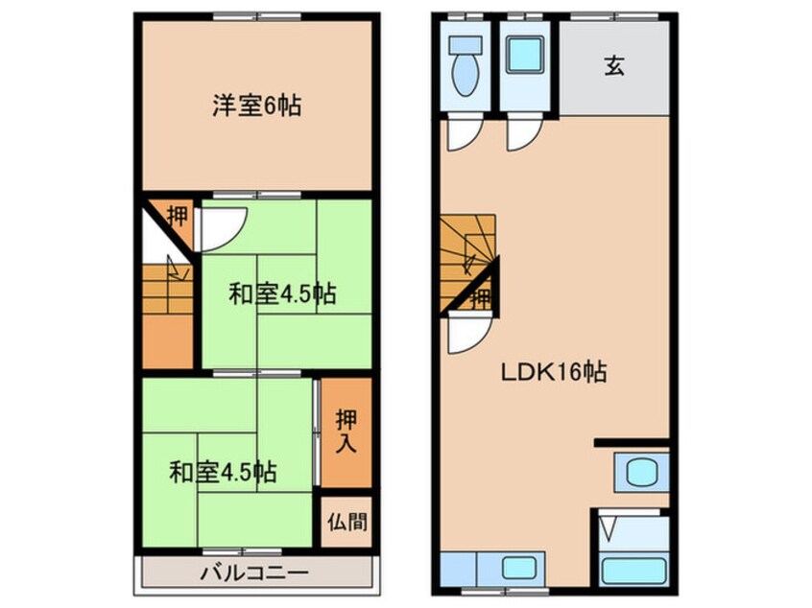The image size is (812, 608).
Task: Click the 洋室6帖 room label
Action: [x=256, y=105]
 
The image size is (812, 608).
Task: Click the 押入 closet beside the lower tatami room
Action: [x=346, y=432]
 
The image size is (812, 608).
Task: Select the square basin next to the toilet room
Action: [x=524, y=56]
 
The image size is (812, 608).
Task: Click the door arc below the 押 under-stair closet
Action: [x=467, y=335]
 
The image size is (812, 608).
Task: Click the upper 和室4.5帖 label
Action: [x=282, y=294]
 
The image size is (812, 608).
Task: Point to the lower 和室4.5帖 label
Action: [x=224, y=472]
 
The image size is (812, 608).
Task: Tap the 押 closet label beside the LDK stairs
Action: [x=481, y=297]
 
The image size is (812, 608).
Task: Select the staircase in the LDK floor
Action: [x=465, y=251]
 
